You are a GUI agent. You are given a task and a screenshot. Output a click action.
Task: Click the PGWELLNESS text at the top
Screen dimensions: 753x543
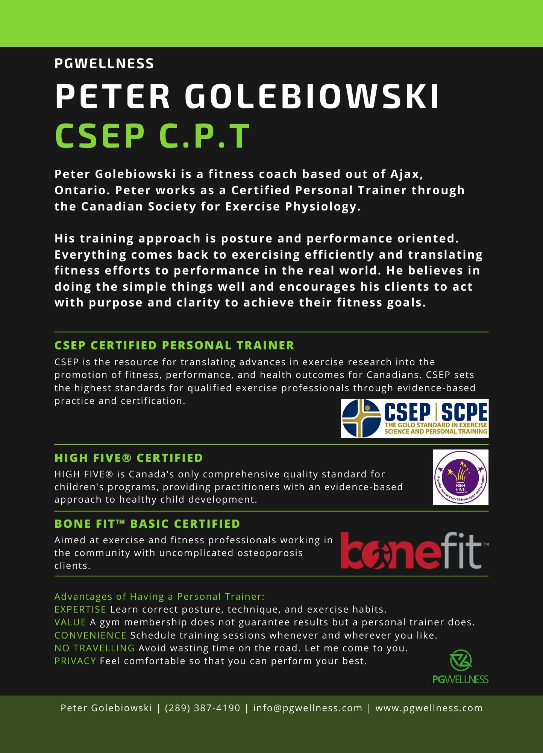click(x=104, y=64)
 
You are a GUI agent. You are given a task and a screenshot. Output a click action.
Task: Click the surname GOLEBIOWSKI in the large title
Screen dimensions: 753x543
click(x=312, y=96)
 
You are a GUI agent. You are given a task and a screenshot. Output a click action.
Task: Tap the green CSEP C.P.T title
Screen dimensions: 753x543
click(x=152, y=136)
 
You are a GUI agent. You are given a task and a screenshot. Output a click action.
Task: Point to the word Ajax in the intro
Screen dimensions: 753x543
click(x=406, y=174)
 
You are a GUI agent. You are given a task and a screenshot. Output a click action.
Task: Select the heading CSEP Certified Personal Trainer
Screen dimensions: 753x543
click(x=174, y=345)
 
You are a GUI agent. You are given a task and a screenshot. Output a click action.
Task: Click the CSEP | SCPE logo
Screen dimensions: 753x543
click(x=414, y=418)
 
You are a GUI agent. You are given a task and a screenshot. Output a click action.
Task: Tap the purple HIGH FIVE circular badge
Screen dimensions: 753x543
click(x=461, y=477)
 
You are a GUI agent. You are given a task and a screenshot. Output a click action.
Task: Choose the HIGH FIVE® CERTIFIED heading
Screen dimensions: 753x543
click(x=129, y=458)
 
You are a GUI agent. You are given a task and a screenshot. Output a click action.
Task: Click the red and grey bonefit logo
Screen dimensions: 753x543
click(x=414, y=550)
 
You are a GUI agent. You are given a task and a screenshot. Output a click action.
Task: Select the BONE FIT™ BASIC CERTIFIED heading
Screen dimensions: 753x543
click(x=147, y=524)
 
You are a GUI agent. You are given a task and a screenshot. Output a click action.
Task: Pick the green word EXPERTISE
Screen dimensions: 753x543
click(x=80, y=609)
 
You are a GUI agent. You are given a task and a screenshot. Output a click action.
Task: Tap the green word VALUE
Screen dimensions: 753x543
click(x=70, y=622)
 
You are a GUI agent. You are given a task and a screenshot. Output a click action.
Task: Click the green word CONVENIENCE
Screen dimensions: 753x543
click(x=90, y=635)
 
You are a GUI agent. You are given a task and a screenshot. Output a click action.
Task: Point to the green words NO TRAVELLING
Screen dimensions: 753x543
click(x=94, y=648)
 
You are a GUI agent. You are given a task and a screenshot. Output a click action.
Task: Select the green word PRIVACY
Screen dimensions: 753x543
click(x=75, y=661)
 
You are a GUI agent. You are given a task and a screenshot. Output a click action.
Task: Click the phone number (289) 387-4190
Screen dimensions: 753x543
click(x=202, y=708)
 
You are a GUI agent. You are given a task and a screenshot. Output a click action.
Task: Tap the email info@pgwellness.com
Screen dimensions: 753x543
click(x=308, y=708)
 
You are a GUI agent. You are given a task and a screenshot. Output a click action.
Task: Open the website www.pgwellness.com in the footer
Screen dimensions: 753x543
click(x=429, y=708)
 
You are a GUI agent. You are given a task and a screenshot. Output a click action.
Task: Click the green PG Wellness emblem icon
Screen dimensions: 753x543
click(x=461, y=660)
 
